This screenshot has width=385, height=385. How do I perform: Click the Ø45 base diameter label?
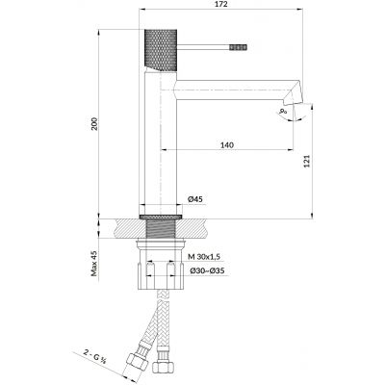(x=194, y=199)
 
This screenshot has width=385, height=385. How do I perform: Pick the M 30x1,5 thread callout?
(x=204, y=258)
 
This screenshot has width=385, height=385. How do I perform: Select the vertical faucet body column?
(x=158, y=144)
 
